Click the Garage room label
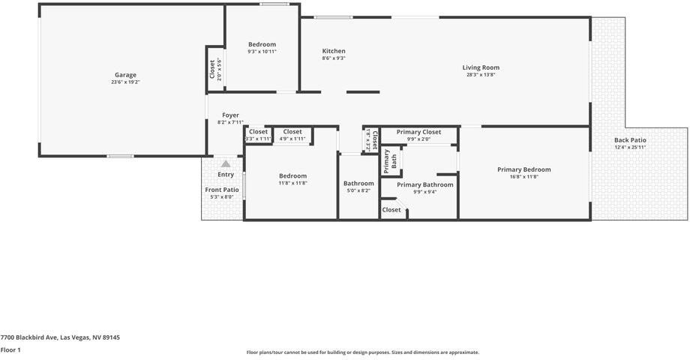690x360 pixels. click(125, 75)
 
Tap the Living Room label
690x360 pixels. click(481, 67)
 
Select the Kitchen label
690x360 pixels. click(334, 51)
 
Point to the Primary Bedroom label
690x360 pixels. click(523, 169)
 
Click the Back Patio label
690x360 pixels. click(630, 140)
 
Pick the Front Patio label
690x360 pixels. click(222, 190)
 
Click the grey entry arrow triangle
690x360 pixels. click(226, 163)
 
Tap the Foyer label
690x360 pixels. click(230, 115)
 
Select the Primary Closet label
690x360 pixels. click(418, 132)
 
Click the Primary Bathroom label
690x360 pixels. click(424, 184)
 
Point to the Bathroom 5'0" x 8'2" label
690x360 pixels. click(358, 184)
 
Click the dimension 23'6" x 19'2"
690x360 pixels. click(125, 82)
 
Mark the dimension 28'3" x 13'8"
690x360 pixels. click(481, 75)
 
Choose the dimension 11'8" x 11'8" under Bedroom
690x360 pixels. click(292, 183)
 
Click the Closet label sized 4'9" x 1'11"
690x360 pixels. click(292, 132)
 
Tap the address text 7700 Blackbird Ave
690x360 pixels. click(60, 337)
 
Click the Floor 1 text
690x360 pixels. click(10, 349)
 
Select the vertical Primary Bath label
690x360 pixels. click(390, 160)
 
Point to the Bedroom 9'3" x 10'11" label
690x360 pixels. click(262, 44)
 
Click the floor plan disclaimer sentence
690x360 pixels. click(362, 352)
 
